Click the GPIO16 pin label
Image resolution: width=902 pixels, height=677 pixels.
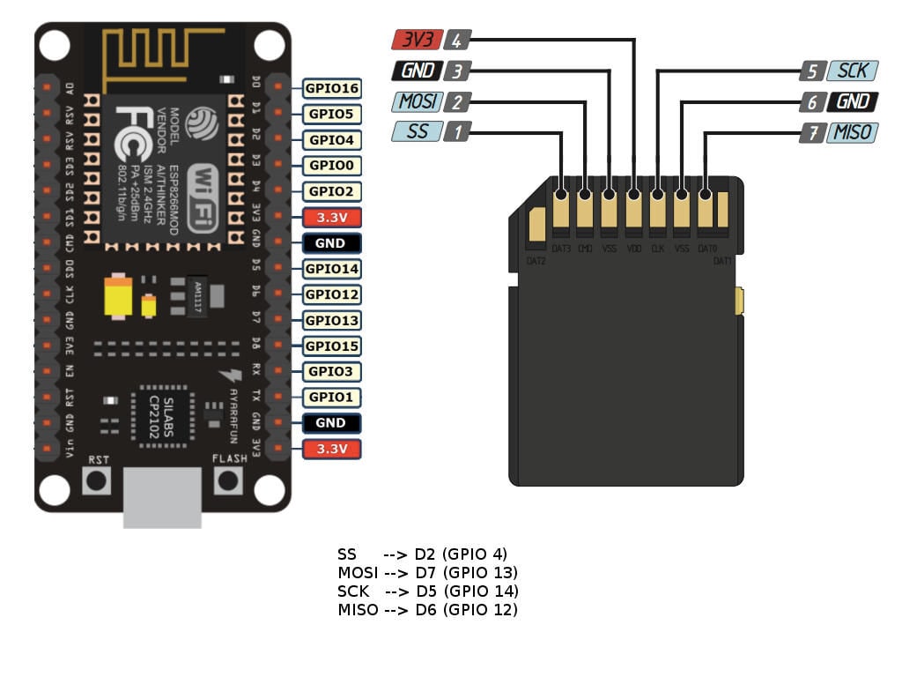(332, 88)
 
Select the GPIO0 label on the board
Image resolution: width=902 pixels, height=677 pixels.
(332, 166)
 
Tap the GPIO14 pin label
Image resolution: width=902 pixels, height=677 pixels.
(332, 269)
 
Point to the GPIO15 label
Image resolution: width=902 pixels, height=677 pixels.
(332, 346)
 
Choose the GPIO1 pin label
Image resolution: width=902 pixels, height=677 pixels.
(332, 398)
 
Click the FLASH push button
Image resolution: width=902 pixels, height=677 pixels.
(228, 480)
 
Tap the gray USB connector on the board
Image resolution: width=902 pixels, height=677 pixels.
(162, 498)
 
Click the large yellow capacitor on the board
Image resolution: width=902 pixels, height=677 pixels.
(118, 296)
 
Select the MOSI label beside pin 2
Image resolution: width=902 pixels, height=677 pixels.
(417, 101)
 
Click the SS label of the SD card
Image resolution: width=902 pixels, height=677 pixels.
(417, 132)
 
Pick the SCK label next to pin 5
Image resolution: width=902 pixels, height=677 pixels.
(852, 71)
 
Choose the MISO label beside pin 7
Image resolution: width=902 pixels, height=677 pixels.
(852, 132)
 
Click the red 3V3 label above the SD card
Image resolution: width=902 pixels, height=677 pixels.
(417, 40)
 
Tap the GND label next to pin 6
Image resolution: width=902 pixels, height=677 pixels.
(852, 101)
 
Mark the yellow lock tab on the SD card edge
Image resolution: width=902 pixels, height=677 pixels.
(738, 301)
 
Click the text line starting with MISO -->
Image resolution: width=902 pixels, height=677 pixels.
(427, 610)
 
